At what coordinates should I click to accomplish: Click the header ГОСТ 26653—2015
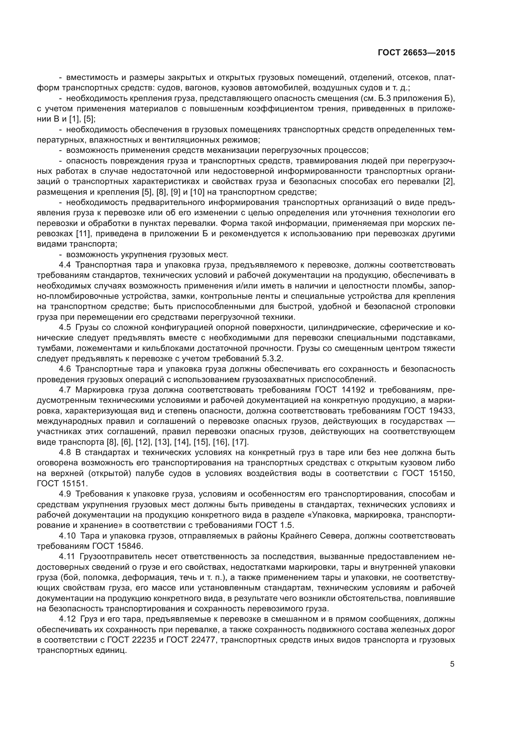coord(416,53)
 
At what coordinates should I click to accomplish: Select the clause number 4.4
coord(65,265)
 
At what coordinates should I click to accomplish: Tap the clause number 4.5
coord(65,327)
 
